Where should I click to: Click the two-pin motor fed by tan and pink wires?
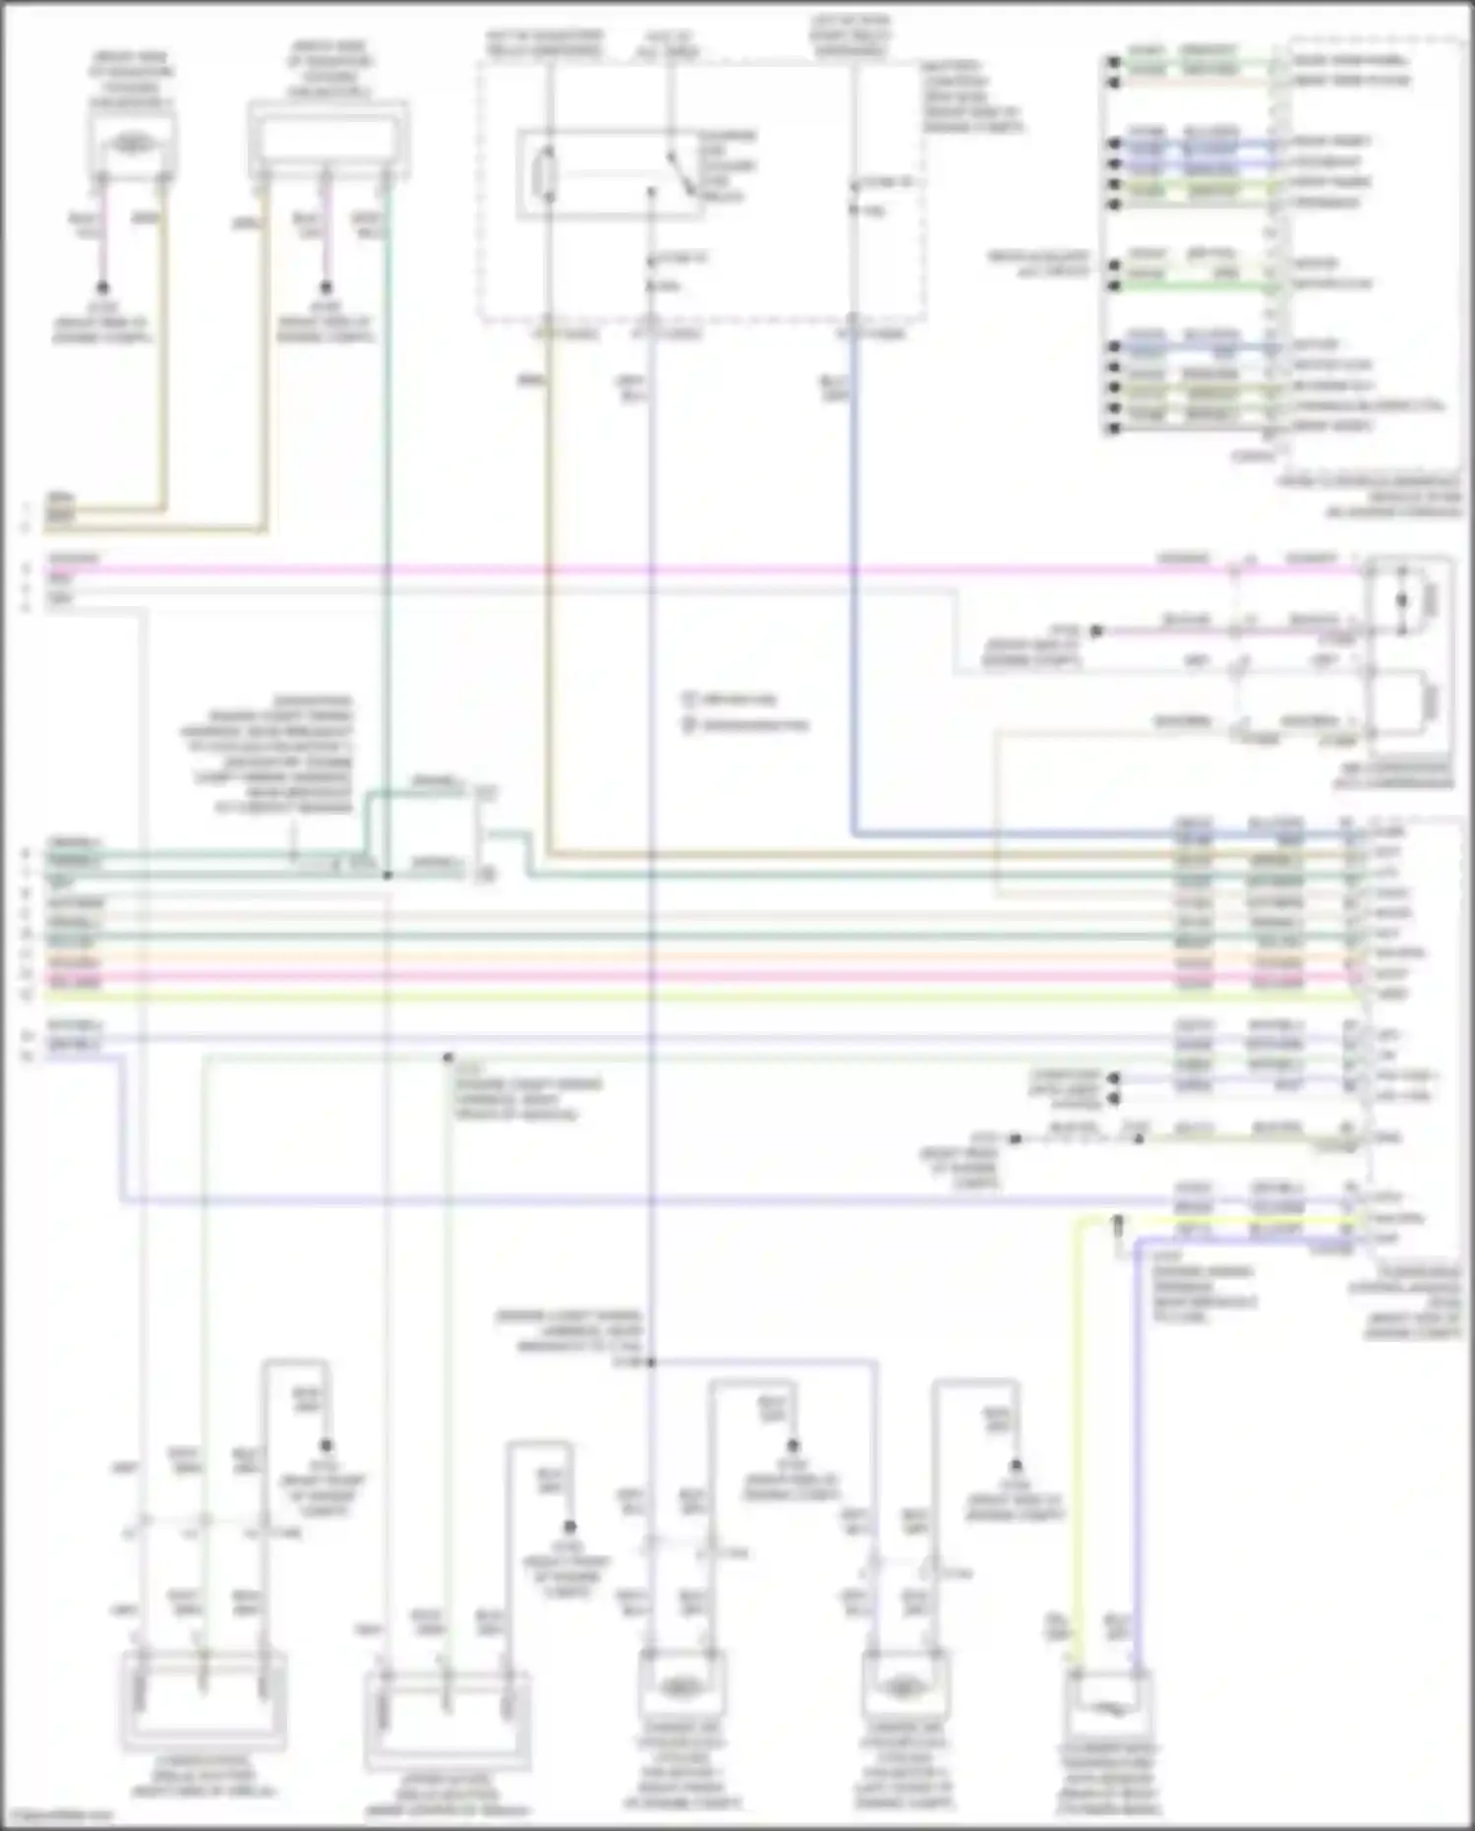[132, 146]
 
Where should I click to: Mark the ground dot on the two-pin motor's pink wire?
[102, 288]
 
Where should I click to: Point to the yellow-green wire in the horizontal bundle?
[688, 996]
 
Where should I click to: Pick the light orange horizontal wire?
[688, 956]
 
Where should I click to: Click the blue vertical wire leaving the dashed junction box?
[854, 590]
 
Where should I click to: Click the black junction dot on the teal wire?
[387, 875]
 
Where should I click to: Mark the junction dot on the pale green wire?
[447, 1058]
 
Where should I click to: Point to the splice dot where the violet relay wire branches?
[650, 1363]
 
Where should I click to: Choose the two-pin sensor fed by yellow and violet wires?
[1108, 1713]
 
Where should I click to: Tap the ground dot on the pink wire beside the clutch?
[1096, 631]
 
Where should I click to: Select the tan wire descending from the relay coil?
[548, 590]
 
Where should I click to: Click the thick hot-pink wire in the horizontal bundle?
[688, 977]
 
